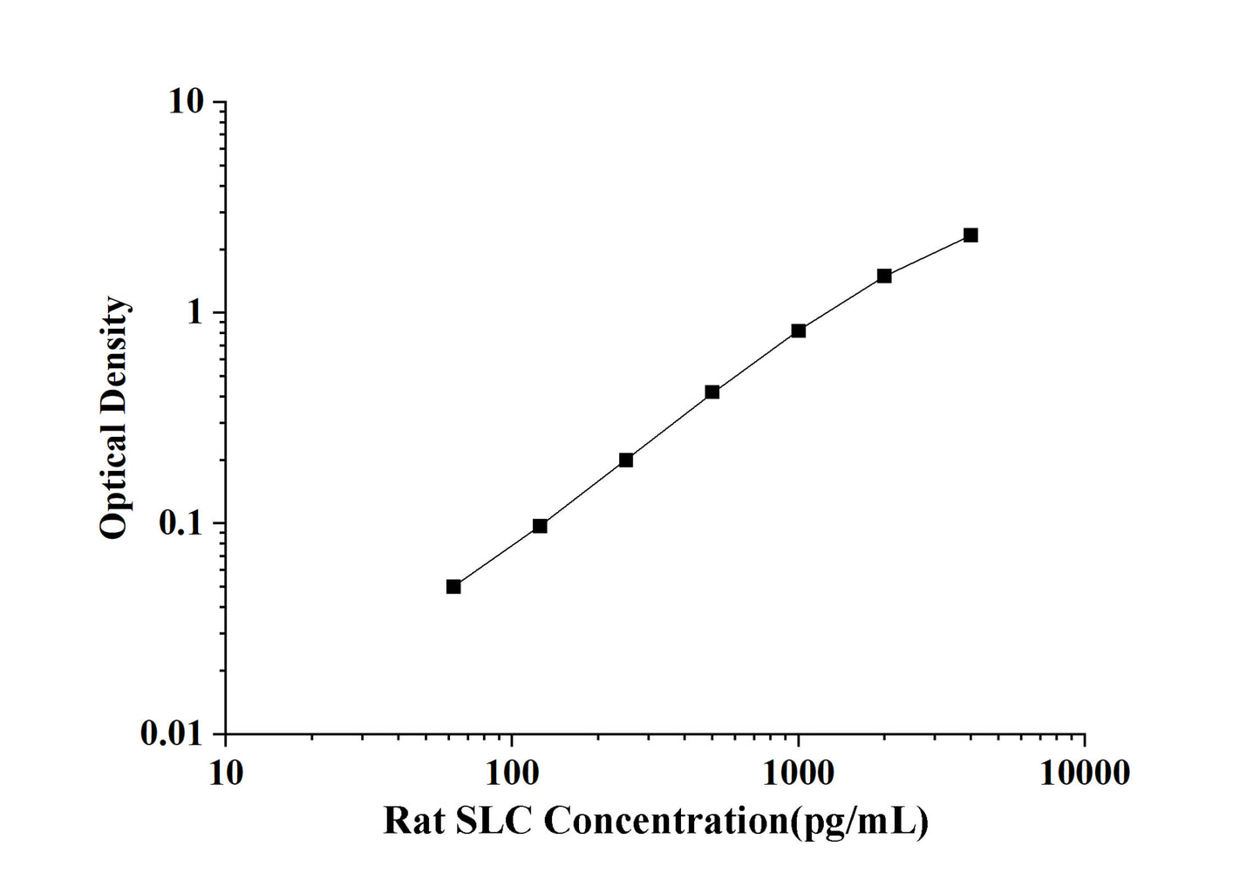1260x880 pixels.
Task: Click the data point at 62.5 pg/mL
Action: coord(453,586)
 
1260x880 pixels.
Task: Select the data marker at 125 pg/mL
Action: coord(540,526)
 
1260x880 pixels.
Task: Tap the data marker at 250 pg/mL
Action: coord(626,460)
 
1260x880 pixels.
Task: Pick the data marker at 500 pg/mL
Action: coord(712,392)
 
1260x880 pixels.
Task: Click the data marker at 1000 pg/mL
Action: coord(799,331)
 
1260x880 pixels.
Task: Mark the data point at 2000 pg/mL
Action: coord(884,276)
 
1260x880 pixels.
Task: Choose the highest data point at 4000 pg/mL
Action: coord(971,235)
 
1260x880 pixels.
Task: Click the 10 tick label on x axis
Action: coord(226,772)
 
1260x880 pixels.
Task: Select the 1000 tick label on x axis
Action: coord(798,772)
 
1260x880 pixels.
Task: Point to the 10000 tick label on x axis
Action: coord(1085,772)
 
